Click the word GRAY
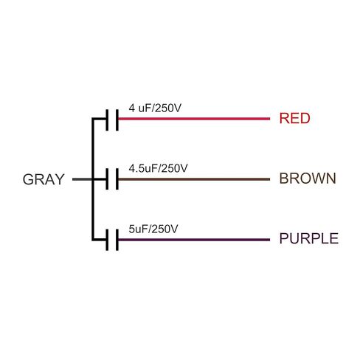pos(44,179)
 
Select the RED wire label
pos(294,118)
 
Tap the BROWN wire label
pos(308,179)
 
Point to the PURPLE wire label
pos(309,238)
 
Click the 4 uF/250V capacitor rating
pos(155,108)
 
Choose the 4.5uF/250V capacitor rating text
pos(158,168)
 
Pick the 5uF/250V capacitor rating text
pos(153,229)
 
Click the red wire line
pos(194,119)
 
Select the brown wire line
pos(194,179)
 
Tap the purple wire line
pos(194,240)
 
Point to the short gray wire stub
pos(82,179)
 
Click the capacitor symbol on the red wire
pos(112,120)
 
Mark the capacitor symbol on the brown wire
pos(112,179)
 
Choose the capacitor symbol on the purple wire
pos(112,240)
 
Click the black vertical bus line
pos(93,179)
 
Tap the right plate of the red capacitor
pos(117,120)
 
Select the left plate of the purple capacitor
pos(107,240)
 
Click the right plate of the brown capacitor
pos(117,179)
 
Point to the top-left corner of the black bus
pos(92,118)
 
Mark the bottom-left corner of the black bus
pos(92,240)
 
